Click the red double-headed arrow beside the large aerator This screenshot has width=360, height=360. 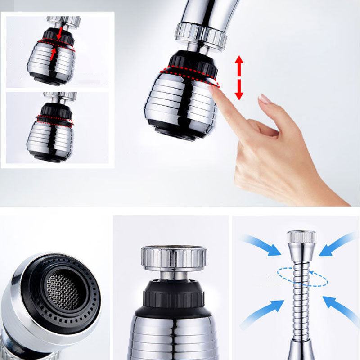239,77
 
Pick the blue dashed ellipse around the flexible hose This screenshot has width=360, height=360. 302,277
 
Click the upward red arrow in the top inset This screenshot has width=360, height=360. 54,54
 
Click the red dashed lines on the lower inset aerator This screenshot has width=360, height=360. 54,121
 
